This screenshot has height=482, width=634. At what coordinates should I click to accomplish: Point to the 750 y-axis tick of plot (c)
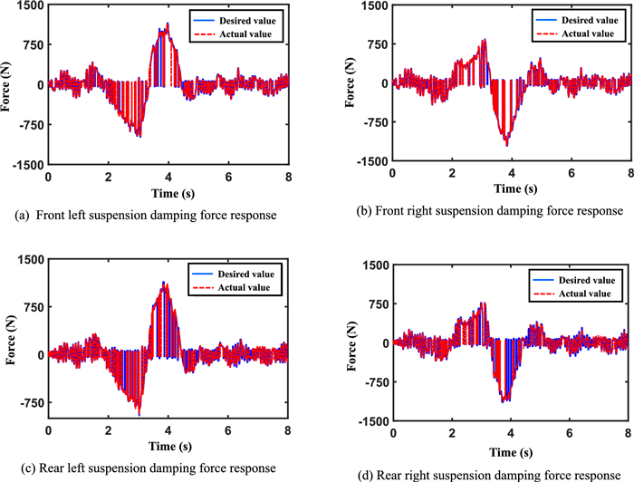coord(33,306)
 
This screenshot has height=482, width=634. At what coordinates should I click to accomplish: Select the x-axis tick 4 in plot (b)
coord(511,172)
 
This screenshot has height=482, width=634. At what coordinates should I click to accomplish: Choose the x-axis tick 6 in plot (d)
coord(571,432)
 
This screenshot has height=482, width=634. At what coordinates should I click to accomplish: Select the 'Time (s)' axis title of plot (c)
coord(168,446)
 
